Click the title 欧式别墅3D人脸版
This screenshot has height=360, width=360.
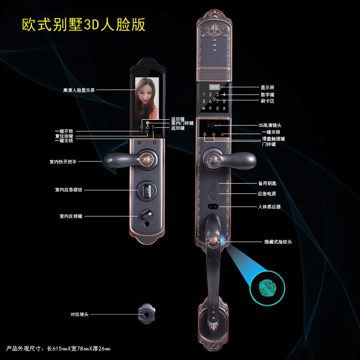(x=84, y=24)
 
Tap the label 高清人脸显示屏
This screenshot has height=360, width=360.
(x=79, y=90)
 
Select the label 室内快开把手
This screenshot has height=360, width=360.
(x=63, y=161)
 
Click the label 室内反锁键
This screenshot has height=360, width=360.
(x=71, y=216)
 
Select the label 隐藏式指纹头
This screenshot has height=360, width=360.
(x=278, y=242)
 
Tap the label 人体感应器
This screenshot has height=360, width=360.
(x=269, y=207)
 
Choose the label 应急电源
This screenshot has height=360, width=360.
(x=267, y=193)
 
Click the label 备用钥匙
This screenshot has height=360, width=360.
(x=267, y=183)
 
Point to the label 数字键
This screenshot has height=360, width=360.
(x=267, y=94)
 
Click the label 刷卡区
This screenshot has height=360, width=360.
(x=267, y=101)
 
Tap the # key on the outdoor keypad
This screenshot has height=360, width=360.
(x=224, y=108)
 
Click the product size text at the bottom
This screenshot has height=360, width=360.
(x=58, y=349)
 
